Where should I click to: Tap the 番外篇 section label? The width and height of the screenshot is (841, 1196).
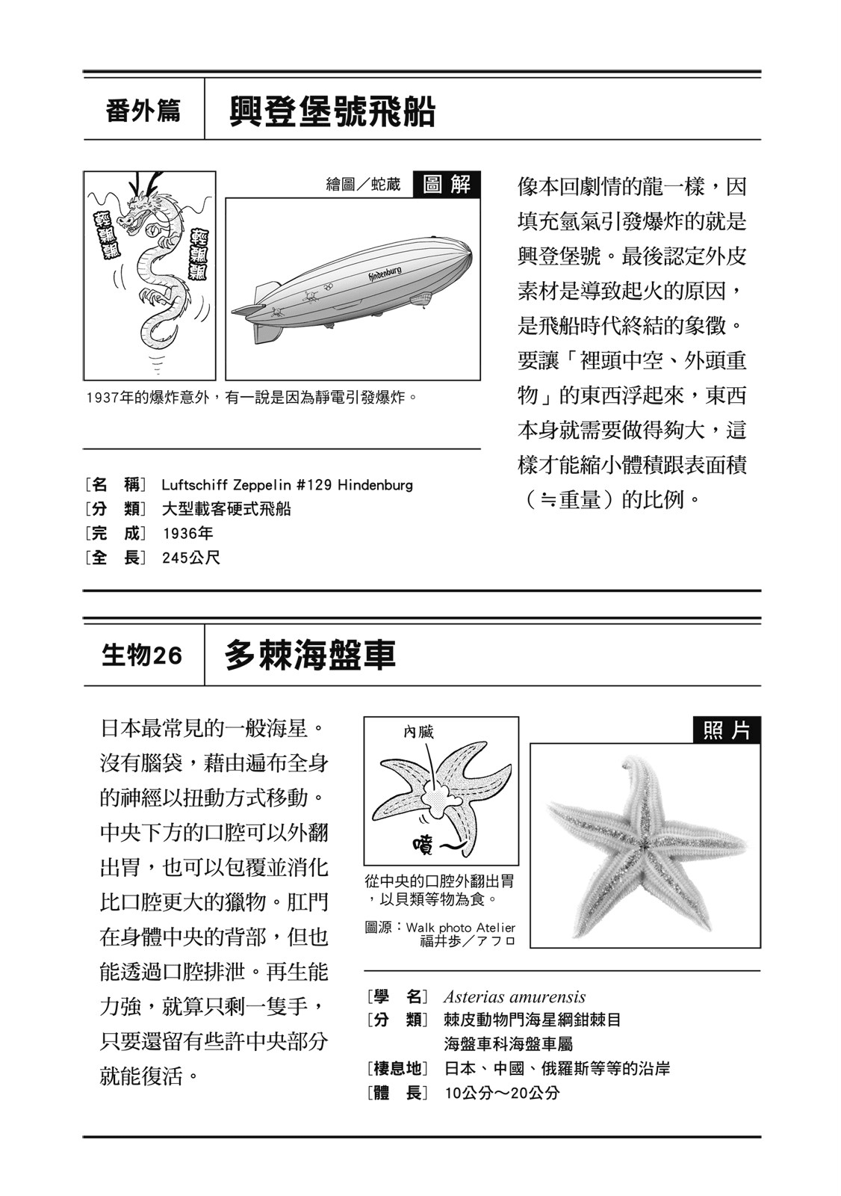(143, 112)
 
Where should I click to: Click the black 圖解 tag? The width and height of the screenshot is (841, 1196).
(446, 184)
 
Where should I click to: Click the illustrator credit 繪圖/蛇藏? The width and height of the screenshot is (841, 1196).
(364, 185)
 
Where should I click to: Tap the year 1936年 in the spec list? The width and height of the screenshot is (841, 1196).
(187, 533)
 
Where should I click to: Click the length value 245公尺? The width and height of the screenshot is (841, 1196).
(190, 558)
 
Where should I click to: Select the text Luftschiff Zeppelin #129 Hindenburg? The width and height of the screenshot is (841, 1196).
(287, 485)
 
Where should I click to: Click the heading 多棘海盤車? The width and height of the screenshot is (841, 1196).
(309, 655)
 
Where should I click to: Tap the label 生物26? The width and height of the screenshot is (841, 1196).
(142, 656)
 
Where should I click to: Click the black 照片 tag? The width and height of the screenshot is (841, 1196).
(726, 730)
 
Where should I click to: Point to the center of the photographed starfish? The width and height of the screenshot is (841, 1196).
(643, 845)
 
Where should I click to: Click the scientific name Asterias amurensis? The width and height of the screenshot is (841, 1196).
(514, 996)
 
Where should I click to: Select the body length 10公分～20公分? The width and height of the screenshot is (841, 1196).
(502, 1093)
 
